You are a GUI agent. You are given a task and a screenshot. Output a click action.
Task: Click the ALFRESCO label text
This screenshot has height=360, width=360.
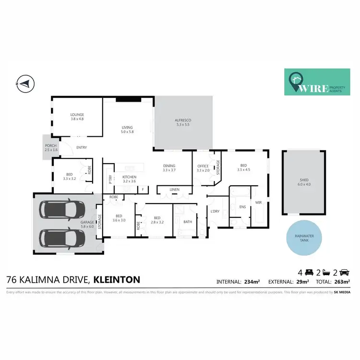[183, 122]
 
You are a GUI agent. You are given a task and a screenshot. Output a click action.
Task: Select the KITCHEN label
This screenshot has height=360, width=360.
[129, 177]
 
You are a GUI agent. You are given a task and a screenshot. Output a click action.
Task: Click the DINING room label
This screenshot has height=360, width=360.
[169, 165]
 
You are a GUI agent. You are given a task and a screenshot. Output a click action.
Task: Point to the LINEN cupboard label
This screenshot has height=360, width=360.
[174, 190]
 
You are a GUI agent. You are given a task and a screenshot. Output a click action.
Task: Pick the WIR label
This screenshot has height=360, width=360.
[258, 203]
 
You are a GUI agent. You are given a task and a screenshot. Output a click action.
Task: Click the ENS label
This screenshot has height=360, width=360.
[242, 207]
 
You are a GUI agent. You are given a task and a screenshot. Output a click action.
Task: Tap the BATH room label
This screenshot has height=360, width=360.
[187, 222]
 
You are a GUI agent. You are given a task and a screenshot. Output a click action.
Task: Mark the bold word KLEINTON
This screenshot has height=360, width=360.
[117, 278]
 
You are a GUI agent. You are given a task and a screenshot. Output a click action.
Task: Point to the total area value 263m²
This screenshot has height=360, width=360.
[342, 282]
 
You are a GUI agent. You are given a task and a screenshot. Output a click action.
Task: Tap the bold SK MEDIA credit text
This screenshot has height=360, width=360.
[344, 292]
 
